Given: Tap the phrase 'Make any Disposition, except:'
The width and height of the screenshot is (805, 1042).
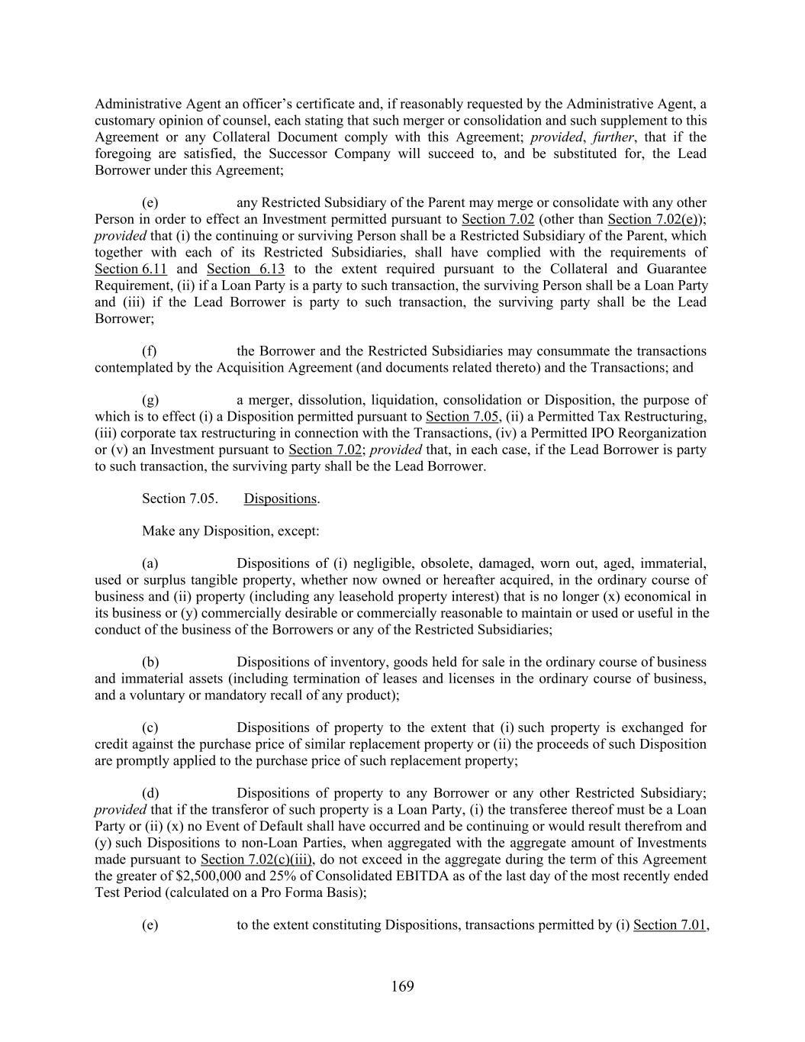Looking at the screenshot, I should click(230, 531).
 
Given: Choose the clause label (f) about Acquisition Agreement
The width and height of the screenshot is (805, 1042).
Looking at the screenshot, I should click(150, 351).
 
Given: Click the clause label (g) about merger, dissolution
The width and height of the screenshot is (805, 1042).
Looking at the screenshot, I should click(150, 400).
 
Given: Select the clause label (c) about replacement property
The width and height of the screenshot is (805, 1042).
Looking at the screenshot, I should click(150, 727).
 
